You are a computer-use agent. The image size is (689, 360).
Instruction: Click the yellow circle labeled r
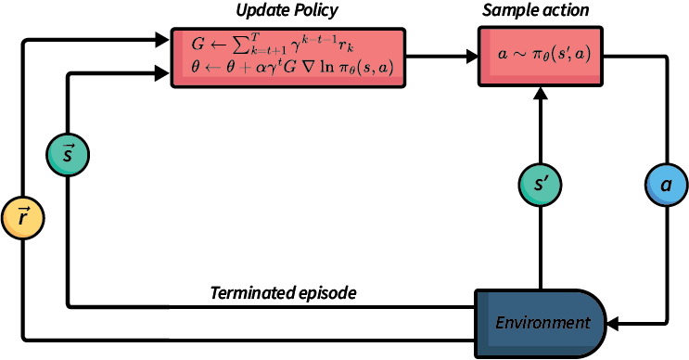[21, 218]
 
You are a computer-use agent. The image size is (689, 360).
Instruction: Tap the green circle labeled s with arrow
[67, 154]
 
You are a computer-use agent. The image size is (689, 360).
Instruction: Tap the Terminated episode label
[284, 293]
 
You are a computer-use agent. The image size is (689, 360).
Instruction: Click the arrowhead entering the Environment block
[612, 323]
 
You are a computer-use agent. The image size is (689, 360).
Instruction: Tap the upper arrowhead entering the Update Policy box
[164, 41]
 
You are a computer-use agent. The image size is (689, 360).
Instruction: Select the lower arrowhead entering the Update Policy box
[164, 73]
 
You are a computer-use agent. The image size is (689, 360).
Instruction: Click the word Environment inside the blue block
[542, 323]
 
